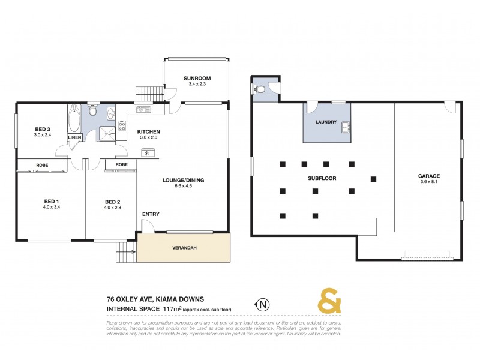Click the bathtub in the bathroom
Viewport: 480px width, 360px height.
pos(74,118)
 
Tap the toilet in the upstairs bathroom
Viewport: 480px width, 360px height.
pos(92,112)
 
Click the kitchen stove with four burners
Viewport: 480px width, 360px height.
pos(122,124)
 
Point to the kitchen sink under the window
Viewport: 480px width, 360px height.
pos(144,110)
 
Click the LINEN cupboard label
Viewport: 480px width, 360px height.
pos(74,137)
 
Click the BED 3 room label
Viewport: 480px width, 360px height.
pos(41,129)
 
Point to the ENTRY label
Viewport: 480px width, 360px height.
pos(151,214)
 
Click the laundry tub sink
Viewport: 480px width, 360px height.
pos(345,127)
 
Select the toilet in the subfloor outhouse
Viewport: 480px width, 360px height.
pos(260,89)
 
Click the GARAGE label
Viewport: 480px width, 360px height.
pos(428,176)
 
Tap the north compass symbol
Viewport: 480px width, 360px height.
pos(262,304)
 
